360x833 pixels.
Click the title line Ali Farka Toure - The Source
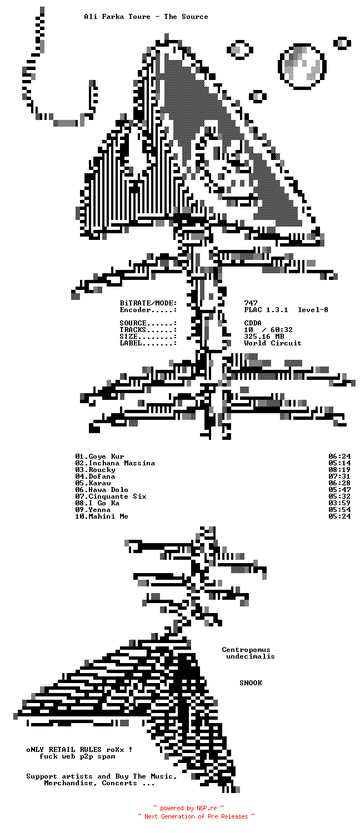(x=146, y=17)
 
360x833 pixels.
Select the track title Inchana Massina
(x=122, y=463)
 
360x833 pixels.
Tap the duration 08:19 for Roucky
(x=339, y=470)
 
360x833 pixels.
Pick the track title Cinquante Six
(x=117, y=496)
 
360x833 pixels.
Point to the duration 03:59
(x=339, y=503)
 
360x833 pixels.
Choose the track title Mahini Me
(x=108, y=516)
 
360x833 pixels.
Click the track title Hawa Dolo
(x=108, y=490)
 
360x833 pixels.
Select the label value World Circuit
(x=273, y=343)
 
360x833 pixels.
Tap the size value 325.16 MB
(x=264, y=337)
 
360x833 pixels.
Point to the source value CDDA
(x=253, y=323)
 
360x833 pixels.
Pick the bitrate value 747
(x=251, y=303)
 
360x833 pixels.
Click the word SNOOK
(x=251, y=683)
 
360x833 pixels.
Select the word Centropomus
(x=246, y=650)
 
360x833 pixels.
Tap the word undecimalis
(x=251, y=656)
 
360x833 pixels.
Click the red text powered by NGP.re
(x=188, y=809)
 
